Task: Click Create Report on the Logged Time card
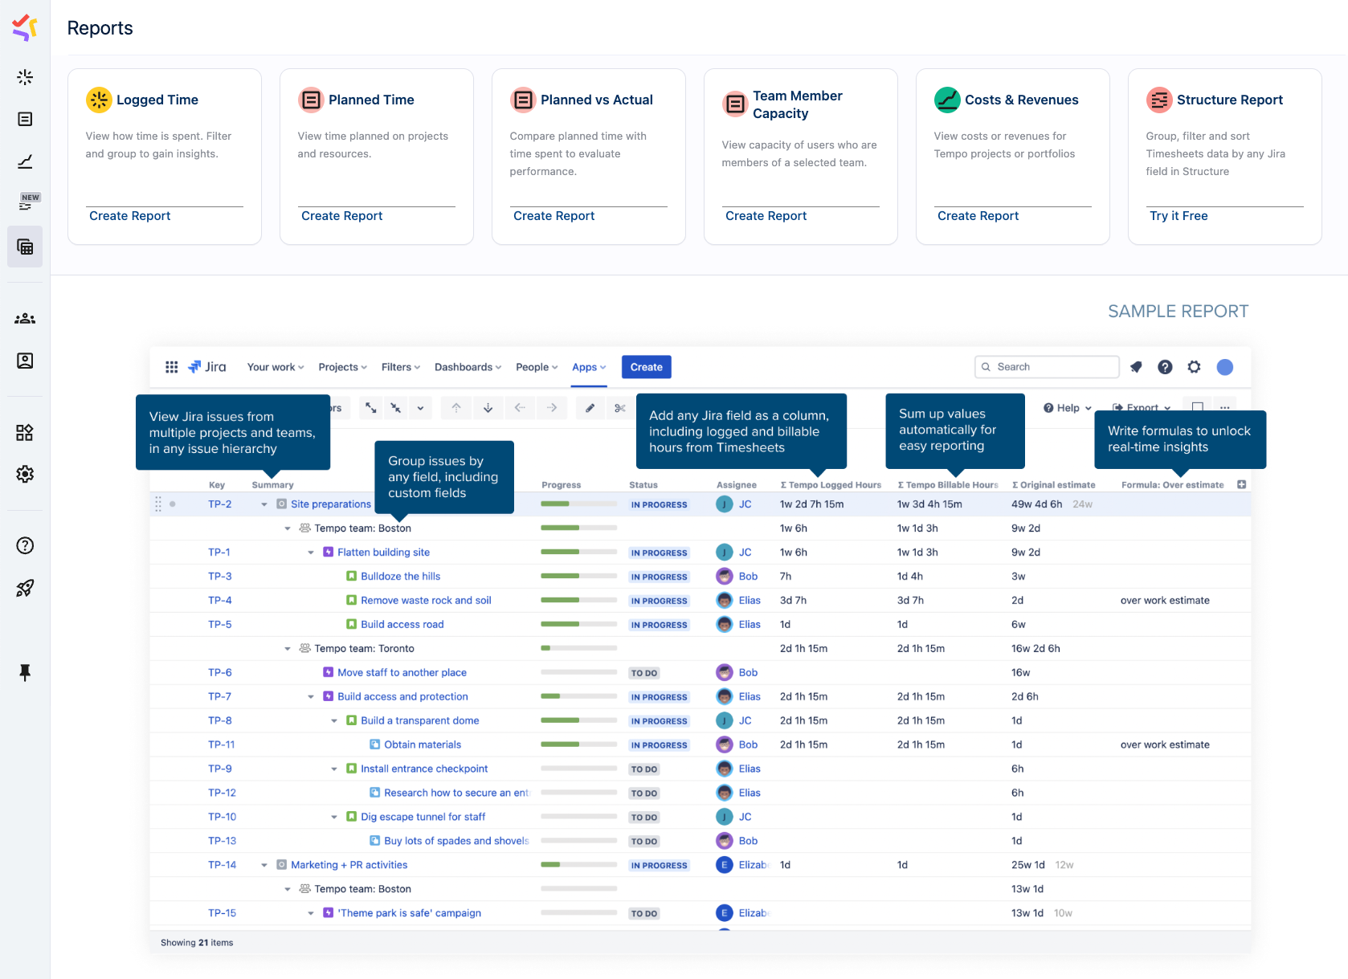pyautogui.click(x=130, y=216)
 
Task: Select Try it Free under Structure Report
pyautogui.click(x=1178, y=216)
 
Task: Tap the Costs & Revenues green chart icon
pyautogui.click(x=947, y=100)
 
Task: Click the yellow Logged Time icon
pyautogui.click(x=99, y=100)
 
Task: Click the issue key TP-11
pyautogui.click(x=221, y=744)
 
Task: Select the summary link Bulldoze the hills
pyautogui.click(x=400, y=577)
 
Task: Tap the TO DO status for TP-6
pyautogui.click(x=644, y=673)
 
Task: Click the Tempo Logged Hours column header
pyautogui.click(x=831, y=485)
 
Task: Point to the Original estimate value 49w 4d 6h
pyautogui.click(x=1036, y=504)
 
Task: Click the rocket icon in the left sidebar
pyautogui.click(x=25, y=588)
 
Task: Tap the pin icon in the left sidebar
pyautogui.click(x=25, y=672)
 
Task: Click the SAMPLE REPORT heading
pyautogui.click(x=1178, y=312)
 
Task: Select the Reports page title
pyautogui.click(x=100, y=28)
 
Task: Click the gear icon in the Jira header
pyautogui.click(x=1195, y=367)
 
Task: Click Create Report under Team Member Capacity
pyautogui.click(x=766, y=216)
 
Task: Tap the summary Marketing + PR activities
pyautogui.click(x=349, y=865)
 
